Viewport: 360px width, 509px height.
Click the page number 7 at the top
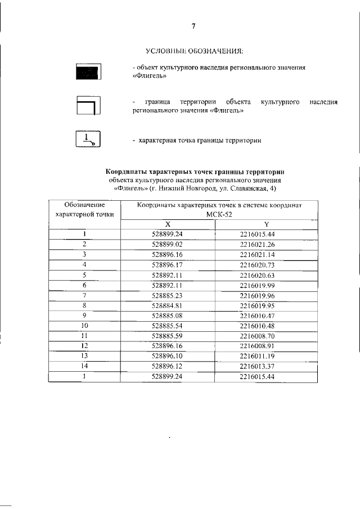pyautogui.click(x=193, y=26)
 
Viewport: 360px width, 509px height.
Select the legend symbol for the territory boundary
pyautogui.click(x=88, y=106)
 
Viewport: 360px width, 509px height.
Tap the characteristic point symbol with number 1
pyautogui.click(x=88, y=139)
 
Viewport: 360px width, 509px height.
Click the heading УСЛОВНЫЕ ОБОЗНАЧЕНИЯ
pyautogui.click(x=194, y=52)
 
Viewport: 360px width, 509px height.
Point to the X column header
pyautogui.click(x=168, y=224)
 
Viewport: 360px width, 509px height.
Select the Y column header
pyautogui.click(x=267, y=224)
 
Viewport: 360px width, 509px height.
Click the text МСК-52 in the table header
pyautogui.click(x=219, y=214)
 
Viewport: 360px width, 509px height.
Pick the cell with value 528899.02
pyautogui.click(x=168, y=244)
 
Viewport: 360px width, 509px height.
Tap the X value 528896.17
pyautogui.click(x=168, y=264)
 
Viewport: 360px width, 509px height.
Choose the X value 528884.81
pyautogui.click(x=168, y=305)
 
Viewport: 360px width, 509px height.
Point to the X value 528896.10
pyautogui.click(x=168, y=356)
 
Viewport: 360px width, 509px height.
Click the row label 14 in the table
pyautogui.click(x=84, y=366)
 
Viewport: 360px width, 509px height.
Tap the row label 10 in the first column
pyautogui.click(x=84, y=326)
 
